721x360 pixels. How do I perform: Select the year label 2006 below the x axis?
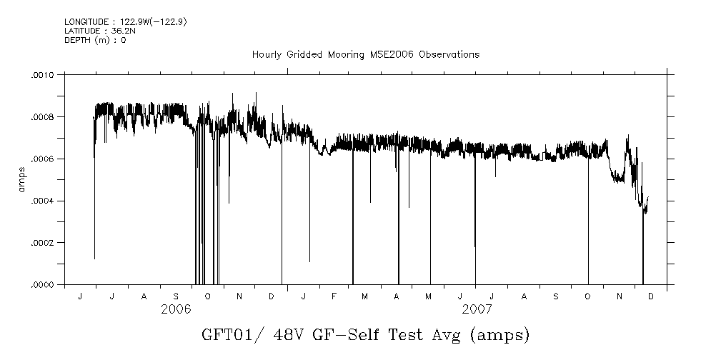tap(176, 309)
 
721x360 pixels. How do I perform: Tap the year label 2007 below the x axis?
tap(477, 309)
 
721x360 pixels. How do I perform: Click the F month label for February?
tap(334, 296)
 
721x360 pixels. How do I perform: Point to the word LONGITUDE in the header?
tap(86, 23)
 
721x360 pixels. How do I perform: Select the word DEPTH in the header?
tap(76, 40)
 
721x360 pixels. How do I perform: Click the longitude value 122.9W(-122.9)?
tap(142, 23)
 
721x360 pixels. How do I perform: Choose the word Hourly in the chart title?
tap(266, 54)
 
